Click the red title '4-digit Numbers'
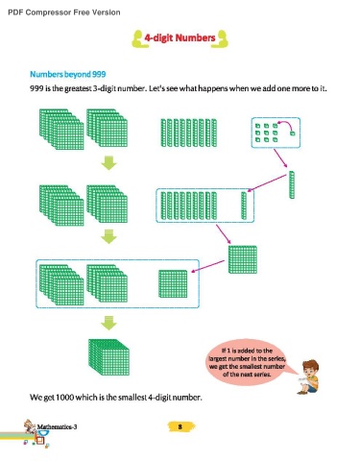click(x=180, y=37)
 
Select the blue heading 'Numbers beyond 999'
click(x=68, y=74)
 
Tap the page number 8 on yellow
click(x=180, y=426)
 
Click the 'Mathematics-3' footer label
click(x=57, y=426)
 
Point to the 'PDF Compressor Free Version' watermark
click(x=64, y=12)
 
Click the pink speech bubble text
click(x=247, y=362)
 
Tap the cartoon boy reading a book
click(x=308, y=376)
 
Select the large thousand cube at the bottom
click(x=108, y=357)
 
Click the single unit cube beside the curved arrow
click(x=292, y=133)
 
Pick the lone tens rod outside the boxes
click(x=292, y=184)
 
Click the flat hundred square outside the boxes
click(x=243, y=259)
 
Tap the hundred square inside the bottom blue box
click(x=173, y=284)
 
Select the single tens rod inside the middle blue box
click(x=244, y=206)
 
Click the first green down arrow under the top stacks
click(x=108, y=163)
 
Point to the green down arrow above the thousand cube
click(x=108, y=323)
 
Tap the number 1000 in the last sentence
click(x=64, y=398)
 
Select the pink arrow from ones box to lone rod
click(x=280, y=158)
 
